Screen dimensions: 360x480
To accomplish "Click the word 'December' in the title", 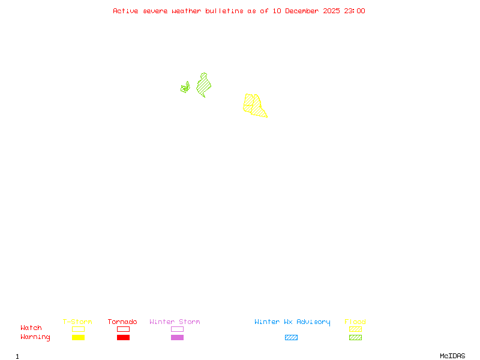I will (304, 11).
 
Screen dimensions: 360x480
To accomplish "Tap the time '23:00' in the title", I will (354, 11).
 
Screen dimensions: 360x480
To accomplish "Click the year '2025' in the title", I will (332, 11).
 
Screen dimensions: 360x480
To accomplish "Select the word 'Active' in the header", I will (125, 11).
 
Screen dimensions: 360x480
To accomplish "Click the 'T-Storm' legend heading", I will (77, 322).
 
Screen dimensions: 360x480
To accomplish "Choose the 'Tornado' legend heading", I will (122, 322).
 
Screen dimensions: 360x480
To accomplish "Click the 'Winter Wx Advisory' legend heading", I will (292, 322).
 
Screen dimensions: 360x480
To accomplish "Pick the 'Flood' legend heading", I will (355, 322).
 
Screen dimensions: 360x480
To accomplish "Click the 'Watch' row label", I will (31, 328).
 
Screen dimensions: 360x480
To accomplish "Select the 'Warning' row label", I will (35, 337).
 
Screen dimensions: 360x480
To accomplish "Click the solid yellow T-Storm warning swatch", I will (78, 338).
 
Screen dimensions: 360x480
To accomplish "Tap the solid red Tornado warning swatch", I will (123, 338).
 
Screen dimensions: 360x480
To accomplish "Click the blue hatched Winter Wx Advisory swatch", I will (291, 338).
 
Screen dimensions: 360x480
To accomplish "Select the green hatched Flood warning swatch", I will (355, 338).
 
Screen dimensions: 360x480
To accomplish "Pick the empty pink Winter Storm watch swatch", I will (177, 329).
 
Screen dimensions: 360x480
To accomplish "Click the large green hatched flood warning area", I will (204, 86).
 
